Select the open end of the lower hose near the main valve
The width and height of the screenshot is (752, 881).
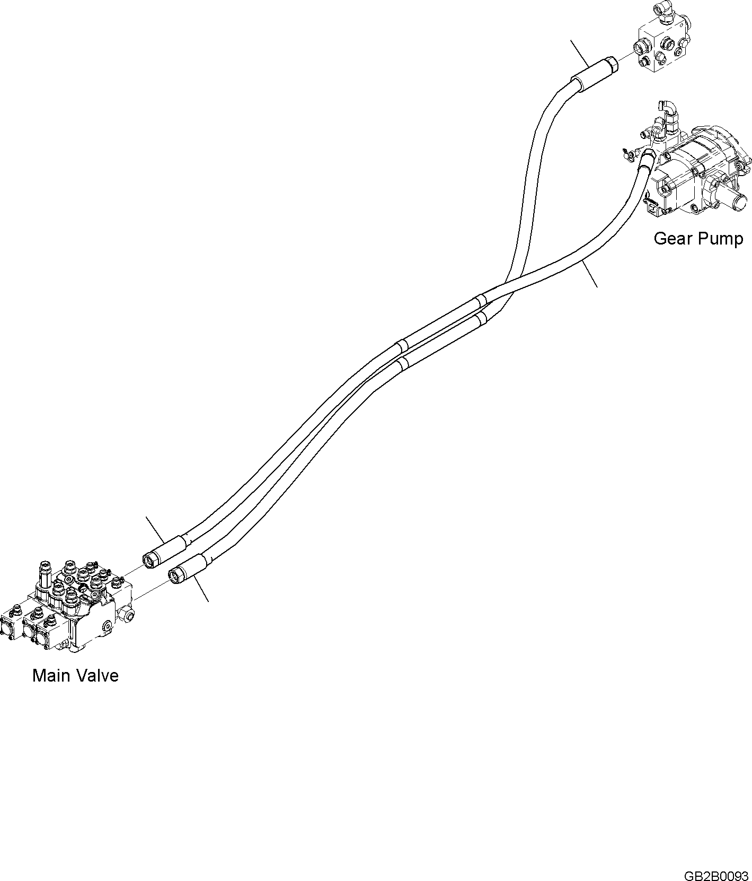(175, 575)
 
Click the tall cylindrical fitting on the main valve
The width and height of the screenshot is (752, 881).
(45, 575)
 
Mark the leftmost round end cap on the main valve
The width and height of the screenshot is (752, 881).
(11, 631)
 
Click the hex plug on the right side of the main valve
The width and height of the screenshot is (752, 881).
(127, 615)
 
